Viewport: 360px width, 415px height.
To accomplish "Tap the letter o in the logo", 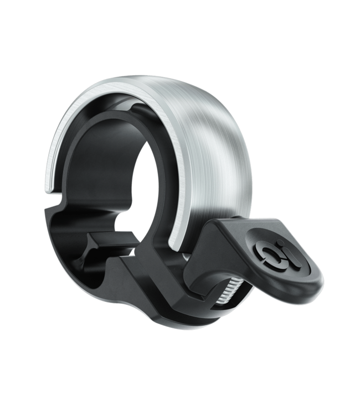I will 270,254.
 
